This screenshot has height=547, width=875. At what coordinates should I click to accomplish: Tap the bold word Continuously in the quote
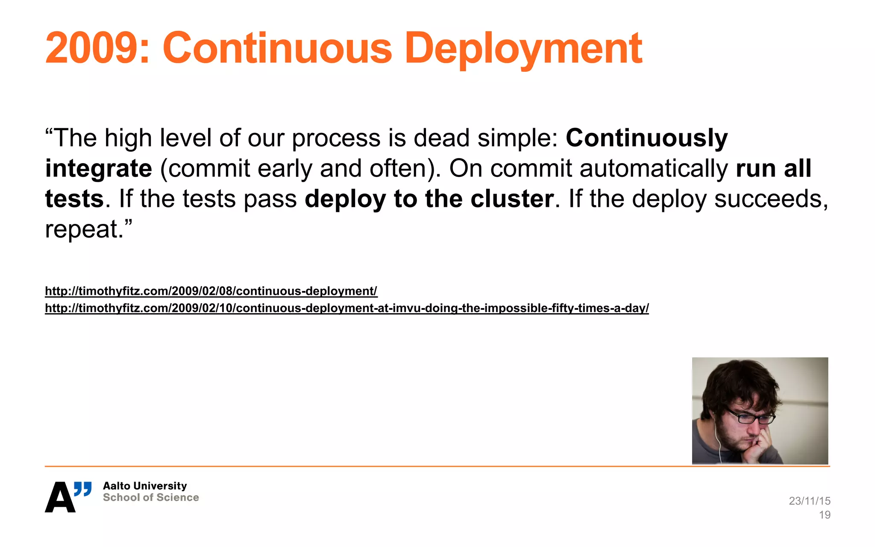(646, 138)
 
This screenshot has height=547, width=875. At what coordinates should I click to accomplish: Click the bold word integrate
(99, 169)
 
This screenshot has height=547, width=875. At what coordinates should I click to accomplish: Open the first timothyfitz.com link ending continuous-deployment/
(211, 291)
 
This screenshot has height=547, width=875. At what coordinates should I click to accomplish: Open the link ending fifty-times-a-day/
(346, 308)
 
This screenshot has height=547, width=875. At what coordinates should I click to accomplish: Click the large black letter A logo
(59, 498)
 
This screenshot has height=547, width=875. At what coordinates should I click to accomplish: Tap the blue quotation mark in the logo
(83, 488)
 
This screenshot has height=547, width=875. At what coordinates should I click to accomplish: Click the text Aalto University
(145, 486)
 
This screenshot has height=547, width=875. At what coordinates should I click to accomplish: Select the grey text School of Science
(151, 497)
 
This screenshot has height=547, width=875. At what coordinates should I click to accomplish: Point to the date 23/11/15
(809, 501)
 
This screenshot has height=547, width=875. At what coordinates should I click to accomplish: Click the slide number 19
(825, 515)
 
